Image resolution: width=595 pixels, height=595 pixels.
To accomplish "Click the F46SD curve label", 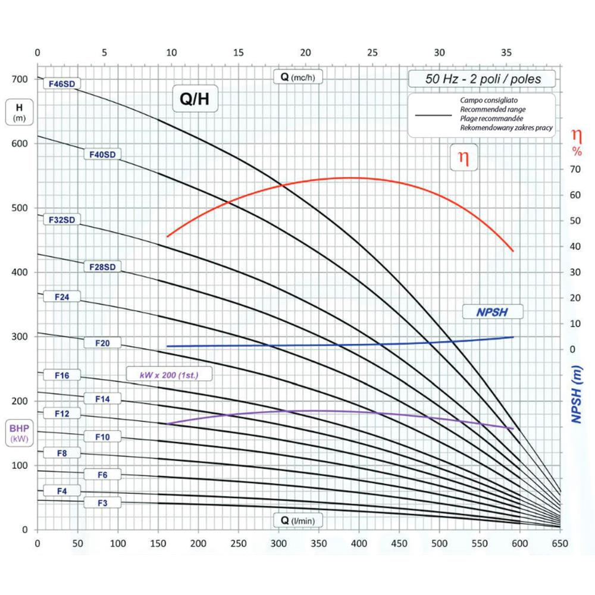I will point(62,84).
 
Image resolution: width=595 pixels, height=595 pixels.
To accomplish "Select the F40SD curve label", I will point(102,155).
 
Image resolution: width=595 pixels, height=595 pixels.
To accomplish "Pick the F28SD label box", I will point(102,267).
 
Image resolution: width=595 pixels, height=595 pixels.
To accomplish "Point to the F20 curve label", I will point(102,343).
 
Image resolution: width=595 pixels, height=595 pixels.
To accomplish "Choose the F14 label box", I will point(102,399).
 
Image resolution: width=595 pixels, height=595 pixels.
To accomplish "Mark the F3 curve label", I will point(102,503).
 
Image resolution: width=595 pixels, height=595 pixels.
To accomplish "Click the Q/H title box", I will point(195,99).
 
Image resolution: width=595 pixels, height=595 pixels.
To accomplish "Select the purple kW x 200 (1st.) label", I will point(170,375).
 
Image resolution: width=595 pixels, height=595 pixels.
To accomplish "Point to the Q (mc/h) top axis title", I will point(297,76).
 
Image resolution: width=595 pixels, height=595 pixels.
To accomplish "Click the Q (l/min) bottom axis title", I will point(297,521).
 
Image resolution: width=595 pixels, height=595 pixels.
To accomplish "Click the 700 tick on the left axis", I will point(20,80).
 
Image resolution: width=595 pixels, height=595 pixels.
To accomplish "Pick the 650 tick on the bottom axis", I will point(560,543).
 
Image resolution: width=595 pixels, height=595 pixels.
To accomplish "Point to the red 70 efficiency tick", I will point(574,170).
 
